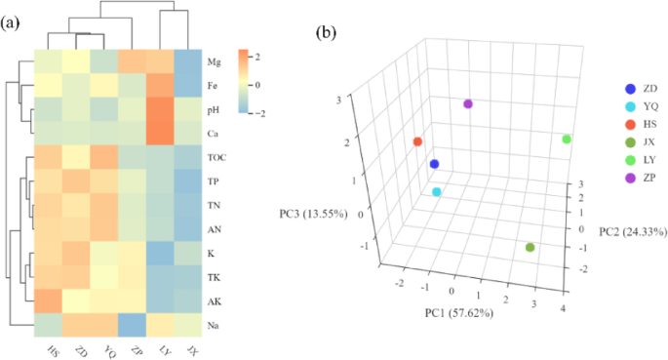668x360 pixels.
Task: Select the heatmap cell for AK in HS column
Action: click(x=48, y=299)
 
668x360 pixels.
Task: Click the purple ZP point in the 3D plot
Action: click(x=469, y=103)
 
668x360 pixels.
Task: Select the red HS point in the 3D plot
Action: click(x=417, y=141)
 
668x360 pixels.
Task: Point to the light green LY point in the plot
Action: click(x=567, y=140)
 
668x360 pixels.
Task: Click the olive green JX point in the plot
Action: click(x=530, y=247)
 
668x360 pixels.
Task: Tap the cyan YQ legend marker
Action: click(x=603, y=104)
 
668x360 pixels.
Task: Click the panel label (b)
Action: click(x=329, y=32)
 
